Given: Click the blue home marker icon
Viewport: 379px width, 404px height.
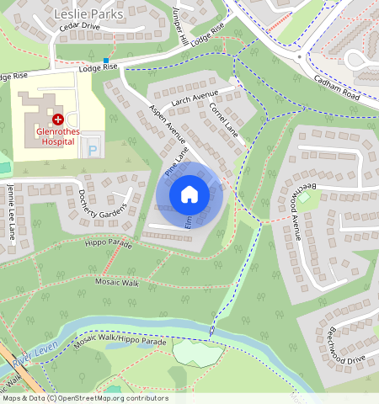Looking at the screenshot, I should click(189, 194).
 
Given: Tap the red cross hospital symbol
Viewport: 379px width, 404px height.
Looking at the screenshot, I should click(56, 120).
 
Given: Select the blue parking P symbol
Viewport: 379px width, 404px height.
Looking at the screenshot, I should click(93, 148).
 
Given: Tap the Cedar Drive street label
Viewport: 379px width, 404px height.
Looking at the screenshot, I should click(80, 27).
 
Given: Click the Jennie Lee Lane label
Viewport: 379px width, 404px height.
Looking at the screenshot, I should click(11, 211).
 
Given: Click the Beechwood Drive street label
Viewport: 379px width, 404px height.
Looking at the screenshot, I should click(342, 346).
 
